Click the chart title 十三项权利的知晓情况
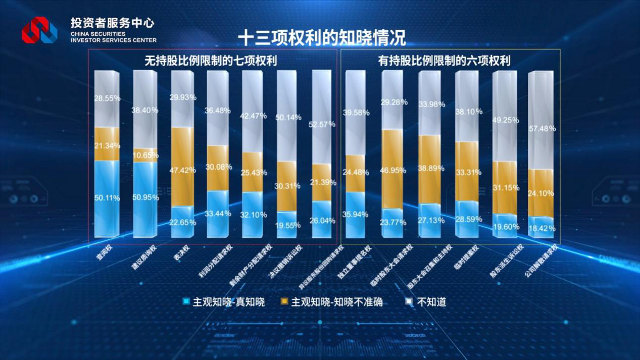pyautogui.click(x=321, y=37)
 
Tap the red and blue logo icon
pyautogui.click(x=39, y=30)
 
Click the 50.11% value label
pyautogui.click(x=107, y=198)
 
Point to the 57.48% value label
pyautogui.click(x=542, y=129)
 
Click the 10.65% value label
pyautogui.click(x=146, y=155)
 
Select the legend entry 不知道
pyautogui.click(x=427, y=302)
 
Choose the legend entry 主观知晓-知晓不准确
pyautogui.click(x=331, y=302)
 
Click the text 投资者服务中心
pyautogui.click(x=113, y=23)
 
